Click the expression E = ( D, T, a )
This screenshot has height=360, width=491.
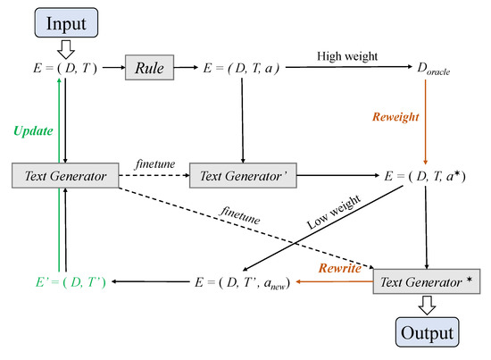241,67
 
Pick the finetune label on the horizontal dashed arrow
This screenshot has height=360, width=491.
154,167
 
